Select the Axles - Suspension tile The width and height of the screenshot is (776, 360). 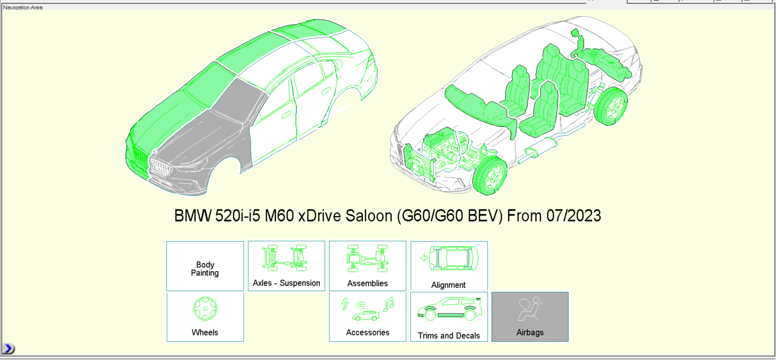pos(286,266)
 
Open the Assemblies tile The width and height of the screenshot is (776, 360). pos(367,266)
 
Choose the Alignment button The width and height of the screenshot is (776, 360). pos(449,266)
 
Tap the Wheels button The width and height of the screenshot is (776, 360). pos(205,317)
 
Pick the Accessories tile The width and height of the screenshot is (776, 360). pos(367,317)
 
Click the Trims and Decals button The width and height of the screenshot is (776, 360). pos(449,317)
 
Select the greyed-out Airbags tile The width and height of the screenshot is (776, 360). pos(530,317)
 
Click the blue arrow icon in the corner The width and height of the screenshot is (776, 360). pos(8,348)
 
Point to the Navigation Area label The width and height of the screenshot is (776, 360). pos(23,8)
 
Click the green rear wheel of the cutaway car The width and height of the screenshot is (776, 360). pos(612,107)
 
